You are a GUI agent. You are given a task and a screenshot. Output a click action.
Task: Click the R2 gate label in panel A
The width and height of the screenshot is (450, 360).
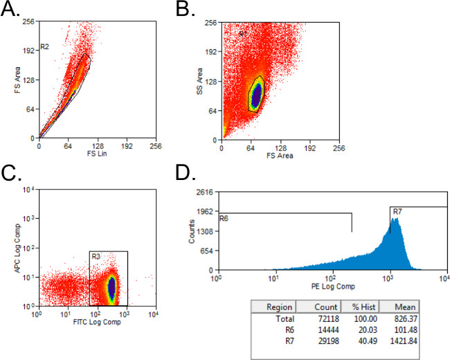pyautogui.click(x=44, y=47)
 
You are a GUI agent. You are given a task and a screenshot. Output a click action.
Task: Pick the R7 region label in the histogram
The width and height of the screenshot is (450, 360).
pyautogui.click(x=397, y=211)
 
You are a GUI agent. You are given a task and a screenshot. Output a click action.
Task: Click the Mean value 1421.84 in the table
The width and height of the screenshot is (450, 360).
pyautogui.click(x=404, y=341)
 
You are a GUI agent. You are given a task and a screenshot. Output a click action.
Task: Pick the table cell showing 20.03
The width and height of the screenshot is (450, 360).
pyautogui.click(x=364, y=330)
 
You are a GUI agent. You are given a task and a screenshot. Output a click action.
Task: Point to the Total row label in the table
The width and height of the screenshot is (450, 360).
pyautogui.click(x=283, y=319)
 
